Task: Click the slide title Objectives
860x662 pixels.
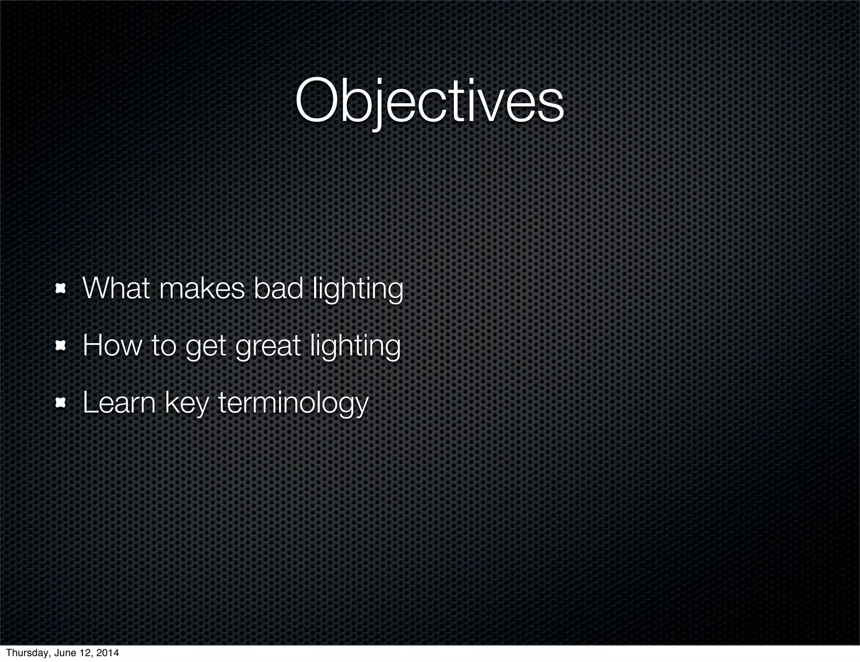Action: click(x=429, y=102)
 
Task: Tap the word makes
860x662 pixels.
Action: click(x=202, y=289)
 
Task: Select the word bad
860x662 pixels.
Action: click(x=278, y=289)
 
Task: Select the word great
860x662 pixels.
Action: click(x=268, y=347)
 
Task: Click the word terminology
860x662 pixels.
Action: click(x=293, y=404)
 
